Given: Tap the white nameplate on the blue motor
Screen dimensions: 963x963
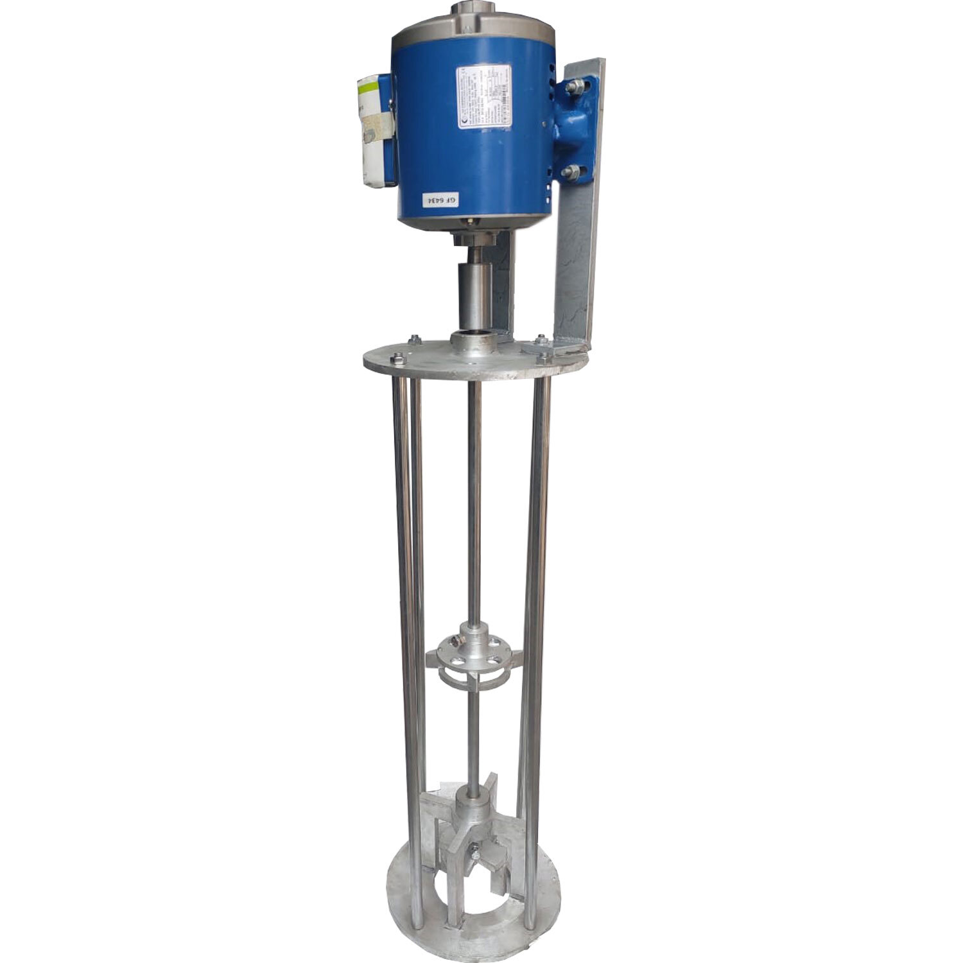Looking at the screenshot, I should [483, 96].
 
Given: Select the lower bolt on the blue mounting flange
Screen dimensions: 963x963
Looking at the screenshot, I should [572, 171].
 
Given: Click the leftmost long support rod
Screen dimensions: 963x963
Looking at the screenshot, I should [401, 642].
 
